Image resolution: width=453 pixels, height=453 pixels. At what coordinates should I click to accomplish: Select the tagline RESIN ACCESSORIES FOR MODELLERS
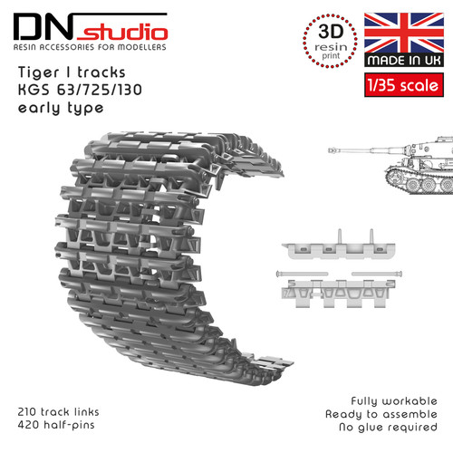click(x=90, y=47)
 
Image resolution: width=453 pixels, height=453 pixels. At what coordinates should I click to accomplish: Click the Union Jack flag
click(x=404, y=33)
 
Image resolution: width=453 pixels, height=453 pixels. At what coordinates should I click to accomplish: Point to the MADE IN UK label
click(x=404, y=60)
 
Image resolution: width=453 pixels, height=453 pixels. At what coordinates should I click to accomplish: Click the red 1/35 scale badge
click(x=404, y=85)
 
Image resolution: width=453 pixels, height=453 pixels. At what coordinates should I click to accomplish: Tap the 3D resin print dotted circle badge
click(x=331, y=41)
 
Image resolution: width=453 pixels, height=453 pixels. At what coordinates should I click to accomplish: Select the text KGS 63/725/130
click(x=80, y=90)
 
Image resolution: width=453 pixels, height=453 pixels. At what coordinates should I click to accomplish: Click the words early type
click(x=61, y=109)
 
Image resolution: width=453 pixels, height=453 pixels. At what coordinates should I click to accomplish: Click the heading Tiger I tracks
click(x=72, y=72)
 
